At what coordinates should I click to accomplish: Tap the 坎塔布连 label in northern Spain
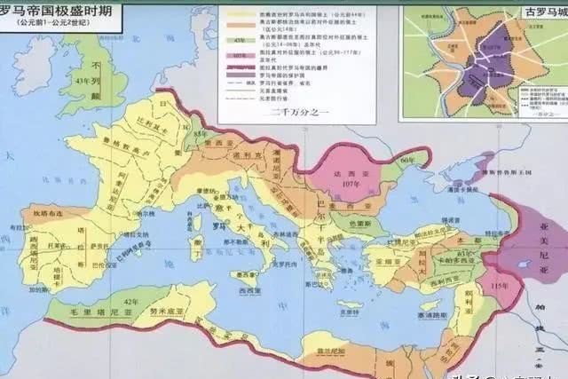(x=42, y=213)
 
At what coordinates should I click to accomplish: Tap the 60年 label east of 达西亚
(x=407, y=159)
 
